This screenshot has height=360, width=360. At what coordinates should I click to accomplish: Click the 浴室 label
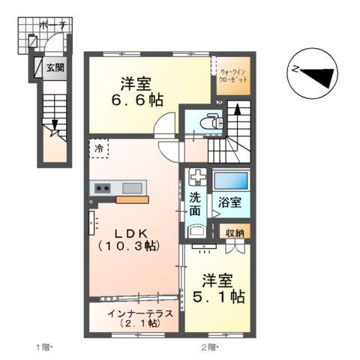(x=230, y=203)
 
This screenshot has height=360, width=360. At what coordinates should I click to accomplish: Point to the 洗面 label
(x=195, y=205)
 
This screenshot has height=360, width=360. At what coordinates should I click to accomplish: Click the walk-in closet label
(x=232, y=73)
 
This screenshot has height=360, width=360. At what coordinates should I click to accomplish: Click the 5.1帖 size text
(x=217, y=297)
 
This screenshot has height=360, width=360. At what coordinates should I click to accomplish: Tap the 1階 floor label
(x=43, y=346)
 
